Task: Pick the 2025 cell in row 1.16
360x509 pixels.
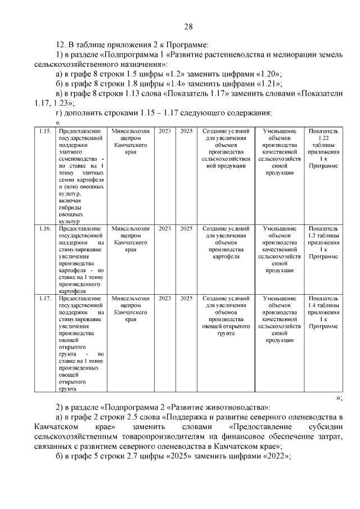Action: pyautogui.click(x=186, y=229)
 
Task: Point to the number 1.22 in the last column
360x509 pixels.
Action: pyautogui.click(x=323, y=138)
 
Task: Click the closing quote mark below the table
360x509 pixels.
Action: pyautogui.click(x=339, y=398)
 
